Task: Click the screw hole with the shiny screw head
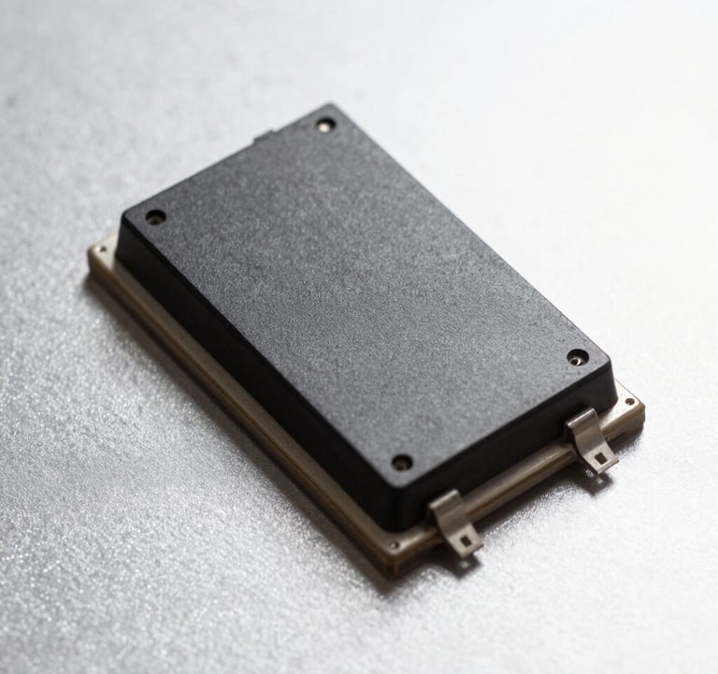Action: [x=324, y=123]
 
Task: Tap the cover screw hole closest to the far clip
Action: [x=578, y=356]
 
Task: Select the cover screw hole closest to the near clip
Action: [x=402, y=462]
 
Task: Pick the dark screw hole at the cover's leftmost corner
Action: [x=155, y=217]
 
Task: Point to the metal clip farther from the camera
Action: [x=591, y=439]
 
